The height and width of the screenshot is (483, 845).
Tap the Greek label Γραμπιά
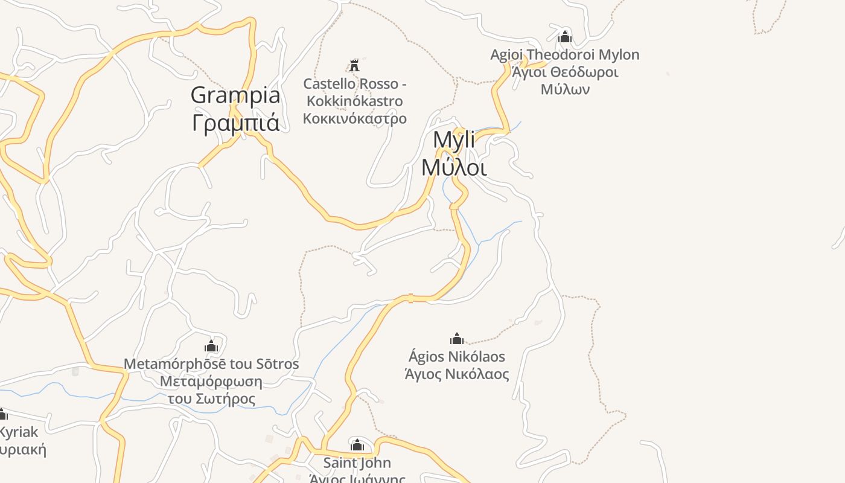tap(235, 123)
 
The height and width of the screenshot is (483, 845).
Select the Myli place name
tap(454, 140)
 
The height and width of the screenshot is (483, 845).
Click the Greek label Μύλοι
tap(454, 167)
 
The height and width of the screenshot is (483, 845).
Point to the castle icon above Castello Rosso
tap(354, 65)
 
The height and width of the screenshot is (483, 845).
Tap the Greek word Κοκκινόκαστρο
tap(355, 118)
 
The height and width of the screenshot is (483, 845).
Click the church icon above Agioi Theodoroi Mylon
tap(565, 37)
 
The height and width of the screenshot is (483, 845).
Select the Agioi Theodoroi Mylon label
tap(564, 55)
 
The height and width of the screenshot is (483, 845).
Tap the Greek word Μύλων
tap(565, 89)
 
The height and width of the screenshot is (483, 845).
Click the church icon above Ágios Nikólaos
tap(457, 339)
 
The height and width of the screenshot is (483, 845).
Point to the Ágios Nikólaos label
tap(457, 356)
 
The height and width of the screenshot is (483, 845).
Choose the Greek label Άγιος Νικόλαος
tap(457, 374)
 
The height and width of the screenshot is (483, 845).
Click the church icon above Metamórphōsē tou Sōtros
tap(211, 347)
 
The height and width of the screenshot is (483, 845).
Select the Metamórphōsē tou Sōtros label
tap(211, 364)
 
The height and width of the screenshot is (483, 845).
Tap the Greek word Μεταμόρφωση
tap(211, 382)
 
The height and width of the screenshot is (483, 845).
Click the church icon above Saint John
tap(357, 446)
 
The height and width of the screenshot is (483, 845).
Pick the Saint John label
tap(357, 463)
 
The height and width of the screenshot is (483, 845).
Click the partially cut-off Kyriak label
tap(19, 432)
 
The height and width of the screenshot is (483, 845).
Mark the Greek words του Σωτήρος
tap(211, 399)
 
